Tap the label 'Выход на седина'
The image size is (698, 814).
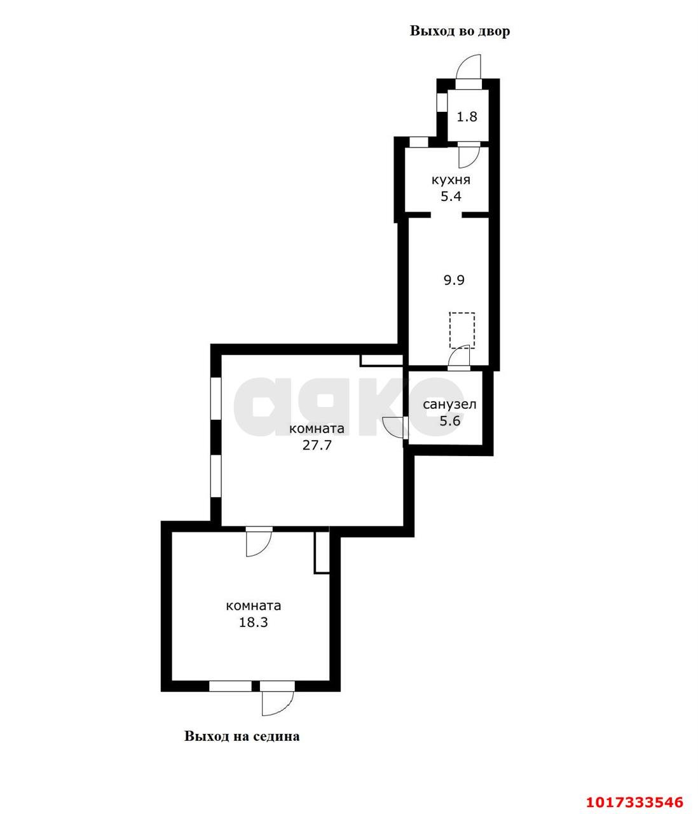(242, 736)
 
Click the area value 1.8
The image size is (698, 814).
(467, 117)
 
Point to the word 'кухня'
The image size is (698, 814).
(451, 180)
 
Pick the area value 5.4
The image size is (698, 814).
(451, 196)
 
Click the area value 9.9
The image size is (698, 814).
(454, 280)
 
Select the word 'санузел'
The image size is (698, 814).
(449, 404)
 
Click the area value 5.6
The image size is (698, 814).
(449, 421)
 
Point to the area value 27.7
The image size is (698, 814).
(317, 445)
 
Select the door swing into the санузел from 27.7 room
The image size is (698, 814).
(395, 427)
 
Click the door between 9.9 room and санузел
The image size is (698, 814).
(459, 357)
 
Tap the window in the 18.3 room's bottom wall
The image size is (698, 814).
(230, 686)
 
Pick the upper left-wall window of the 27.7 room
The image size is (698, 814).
(216, 399)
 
